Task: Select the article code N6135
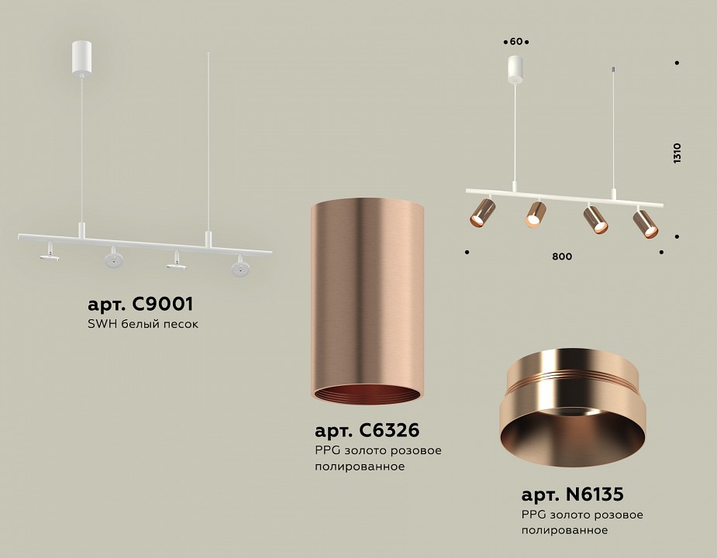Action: pos(572,493)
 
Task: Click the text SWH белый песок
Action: pos(144,324)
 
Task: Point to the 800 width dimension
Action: pos(563,257)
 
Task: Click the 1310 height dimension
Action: pos(677,152)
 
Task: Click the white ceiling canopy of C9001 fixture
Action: pos(81,59)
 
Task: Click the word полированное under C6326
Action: pos(360,467)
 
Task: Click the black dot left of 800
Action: pos(467,251)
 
